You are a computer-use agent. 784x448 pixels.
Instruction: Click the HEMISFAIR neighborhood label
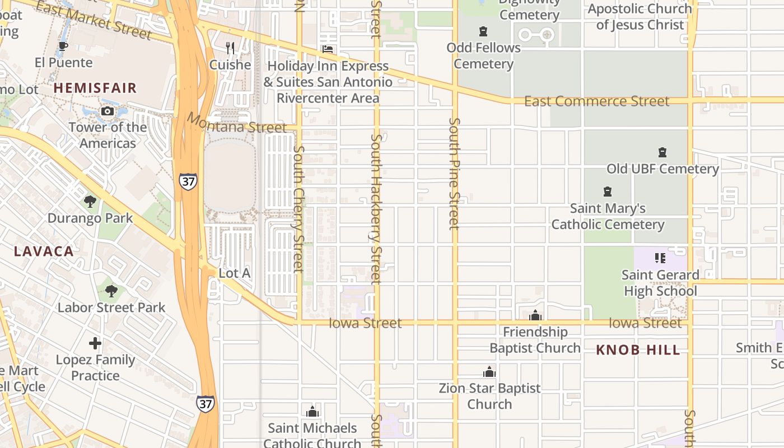pyautogui.click(x=95, y=88)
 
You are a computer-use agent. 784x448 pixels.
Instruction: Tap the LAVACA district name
pyautogui.click(x=44, y=251)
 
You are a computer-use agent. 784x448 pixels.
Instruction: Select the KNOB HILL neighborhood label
pyautogui.click(x=638, y=351)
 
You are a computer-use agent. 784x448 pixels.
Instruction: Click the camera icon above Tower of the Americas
pyautogui.click(x=108, y=111)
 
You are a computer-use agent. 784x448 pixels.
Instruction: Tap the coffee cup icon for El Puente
pyautogui.click(x=63, y=46)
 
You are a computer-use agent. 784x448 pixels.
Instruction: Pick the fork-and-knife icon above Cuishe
pyautogui.click(x=230, y=48)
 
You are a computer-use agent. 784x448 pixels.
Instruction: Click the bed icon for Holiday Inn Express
pyautogui.click(x=328, y=49)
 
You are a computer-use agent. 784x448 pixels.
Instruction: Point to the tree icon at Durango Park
pyautogui.click(x=90, y=202)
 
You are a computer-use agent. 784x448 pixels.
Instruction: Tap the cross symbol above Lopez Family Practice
pyautogui.click(x=95, y=343)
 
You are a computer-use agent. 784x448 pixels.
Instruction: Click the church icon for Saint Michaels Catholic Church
pyautogui.click(x=312, y=412)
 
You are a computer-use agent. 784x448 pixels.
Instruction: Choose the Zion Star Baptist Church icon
pyautogui.click(x=489, y=372)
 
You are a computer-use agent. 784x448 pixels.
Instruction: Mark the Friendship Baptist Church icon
pyautogui.click(x=535, y=315)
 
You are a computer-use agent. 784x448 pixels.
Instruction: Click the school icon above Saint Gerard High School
pyautogui.click(x=660, y=258)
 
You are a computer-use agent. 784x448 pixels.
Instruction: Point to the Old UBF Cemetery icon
pyautogui.click(x=662, y=152)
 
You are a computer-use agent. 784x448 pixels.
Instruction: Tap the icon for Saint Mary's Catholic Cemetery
pyautogui.click(x=608, y=192)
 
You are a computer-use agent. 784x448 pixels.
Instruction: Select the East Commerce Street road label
pyautogui.click(x=596, y=101)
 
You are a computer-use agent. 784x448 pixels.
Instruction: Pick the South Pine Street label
pyautogui.click(x=454, y=174)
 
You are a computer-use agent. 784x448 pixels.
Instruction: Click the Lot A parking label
pyautogui.click(x=234, y=273)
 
